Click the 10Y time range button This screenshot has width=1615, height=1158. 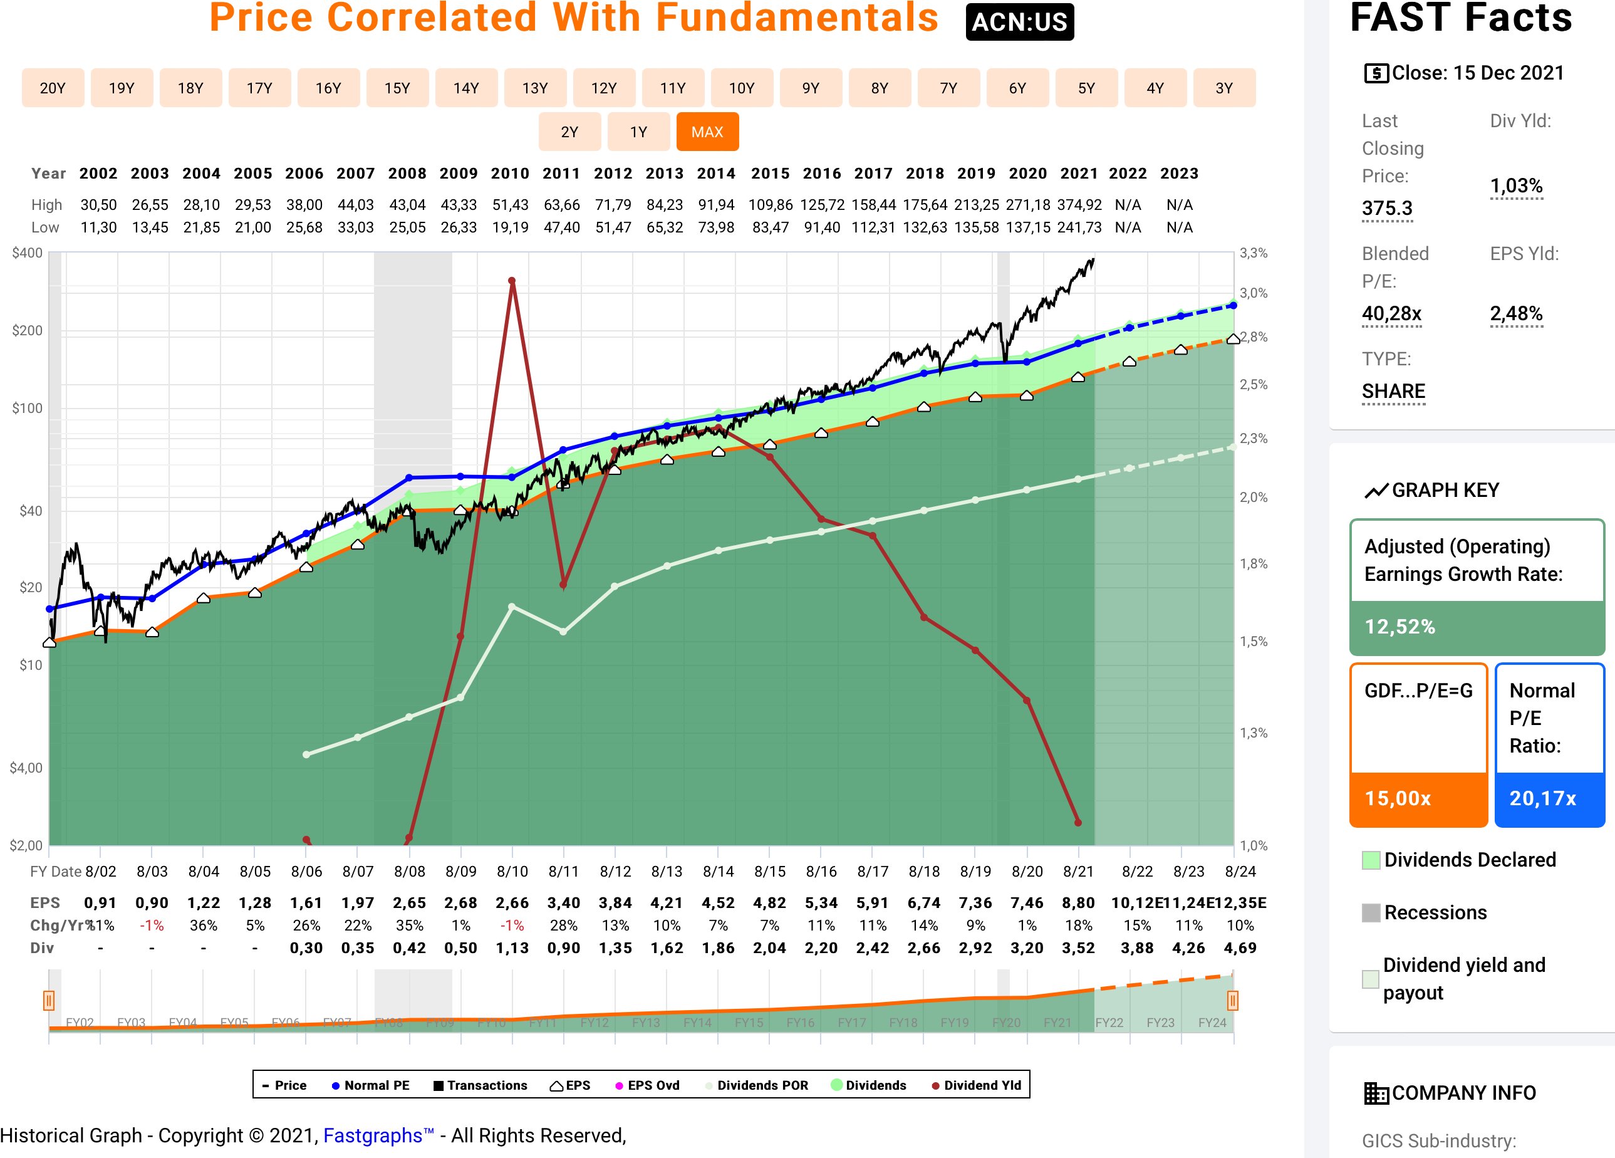(741, 88)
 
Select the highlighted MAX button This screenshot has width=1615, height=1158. (707, 132)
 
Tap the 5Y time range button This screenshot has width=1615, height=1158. (1086, 88)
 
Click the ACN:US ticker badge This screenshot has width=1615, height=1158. (1019, 22)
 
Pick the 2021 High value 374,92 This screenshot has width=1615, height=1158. (1079, 205)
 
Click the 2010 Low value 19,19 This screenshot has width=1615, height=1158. (510, 228)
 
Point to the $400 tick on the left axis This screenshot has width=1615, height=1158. (27, 253)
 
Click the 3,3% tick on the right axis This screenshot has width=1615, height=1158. (1254, 253)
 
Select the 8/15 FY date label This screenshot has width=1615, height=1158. (770, 872)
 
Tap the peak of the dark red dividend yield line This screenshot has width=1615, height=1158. (512, 281)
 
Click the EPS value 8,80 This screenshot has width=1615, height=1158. (1078, 903)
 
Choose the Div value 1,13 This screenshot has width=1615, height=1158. (512, 949)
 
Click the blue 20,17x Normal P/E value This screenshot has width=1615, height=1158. (1542, 798)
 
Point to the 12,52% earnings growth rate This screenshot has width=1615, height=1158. (1400, 627)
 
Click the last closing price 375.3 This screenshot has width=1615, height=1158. (1386, 209)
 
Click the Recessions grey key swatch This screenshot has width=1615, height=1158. (1370, 913)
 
